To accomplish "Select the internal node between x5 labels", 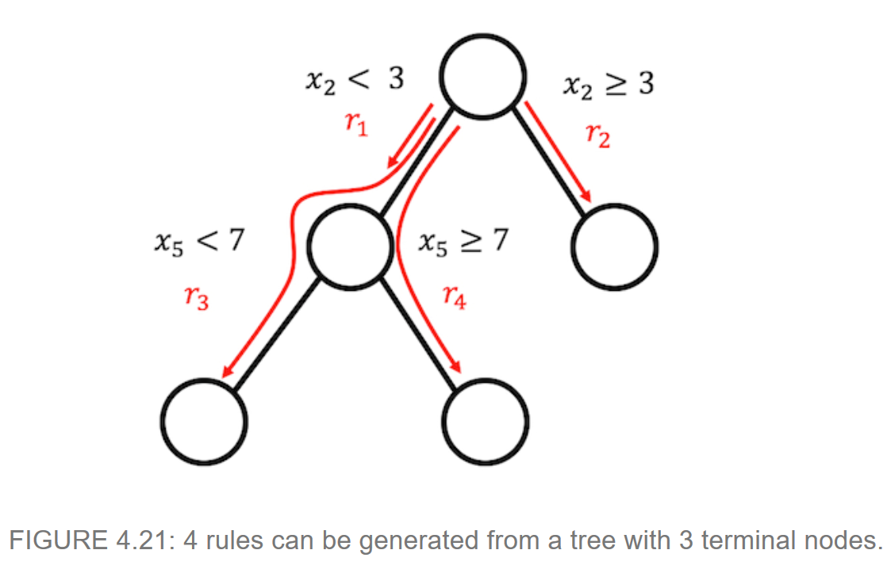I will pyautogui.click(x=349, y=245).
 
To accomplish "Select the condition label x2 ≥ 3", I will pyautogui.click(x=607, y=84).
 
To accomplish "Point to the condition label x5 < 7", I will pyautogui.click(x=198, y=241).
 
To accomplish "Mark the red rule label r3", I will pyautogui.click(x=196, y=299).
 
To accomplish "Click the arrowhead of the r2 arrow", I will pyautogui.click(x=589, y=196).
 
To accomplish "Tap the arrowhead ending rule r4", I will pyautogui.click(x=456, y=367).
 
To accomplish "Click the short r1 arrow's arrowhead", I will pyautogui.click(x=392, y=163).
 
